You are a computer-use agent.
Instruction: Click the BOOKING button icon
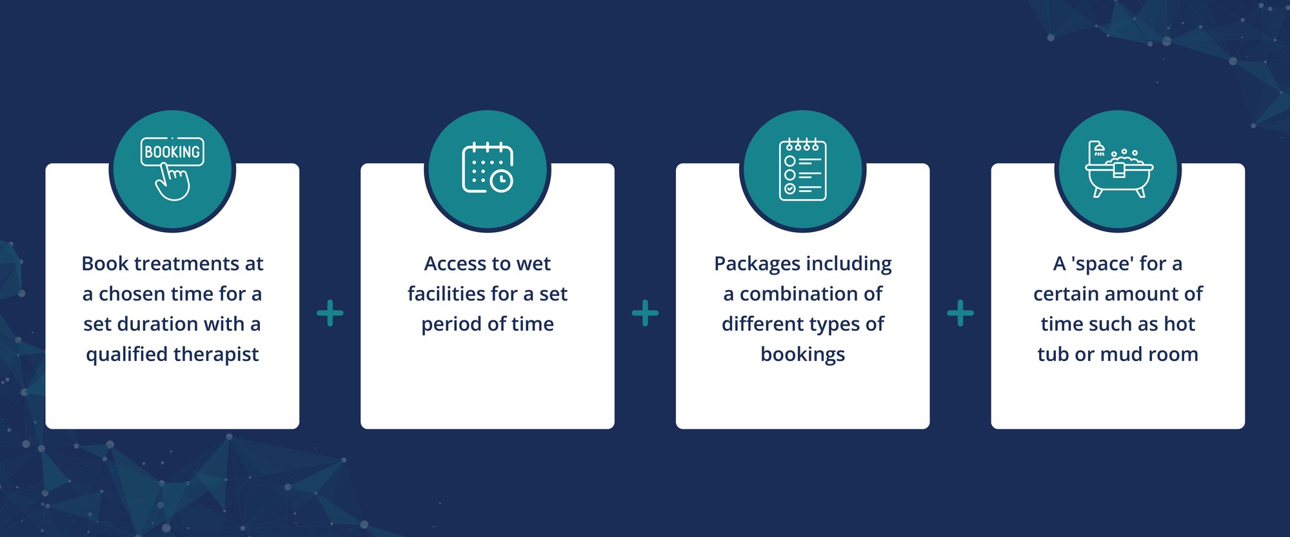tap(172, 152)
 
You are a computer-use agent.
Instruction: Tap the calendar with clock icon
tap(488, 168)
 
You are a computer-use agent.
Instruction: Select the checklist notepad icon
tap(803, 170)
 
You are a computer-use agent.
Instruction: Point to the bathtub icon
tap(1119, 169)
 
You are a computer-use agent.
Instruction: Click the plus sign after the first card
tap(330, 313)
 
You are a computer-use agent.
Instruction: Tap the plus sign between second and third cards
tap(645, 313)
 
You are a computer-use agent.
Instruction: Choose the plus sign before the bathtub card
tap(960, 313)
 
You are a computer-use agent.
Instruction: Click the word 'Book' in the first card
tap(104, 264)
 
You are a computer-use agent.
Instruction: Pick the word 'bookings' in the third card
tap(803, 355)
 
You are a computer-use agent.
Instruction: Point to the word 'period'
tap(451, 324)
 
